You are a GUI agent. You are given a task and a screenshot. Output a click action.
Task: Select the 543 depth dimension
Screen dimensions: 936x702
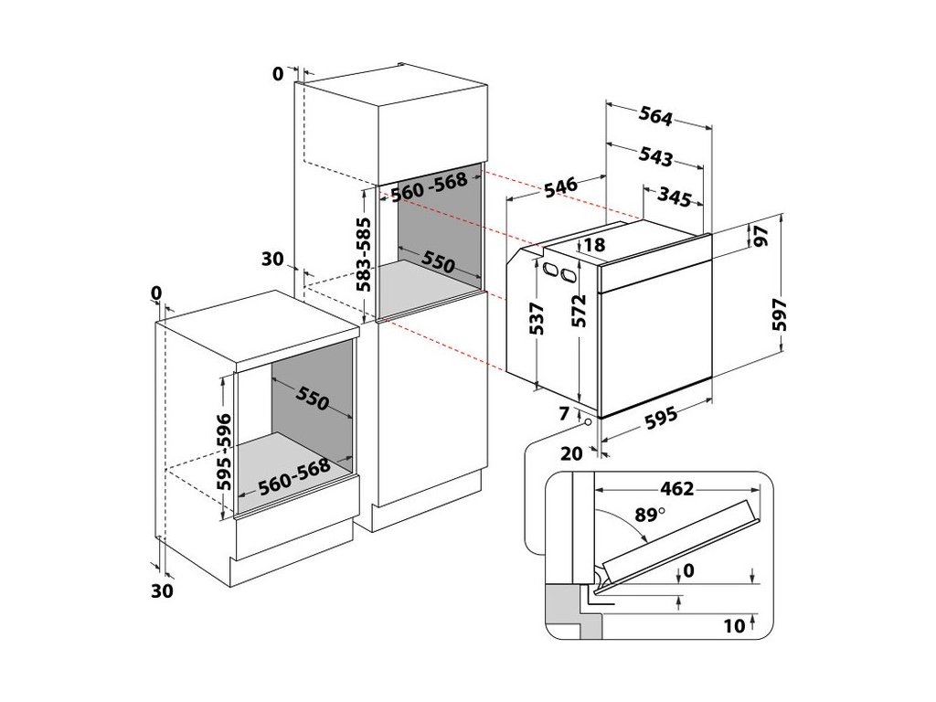655,156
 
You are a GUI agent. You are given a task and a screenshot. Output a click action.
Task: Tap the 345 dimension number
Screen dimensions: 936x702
673,196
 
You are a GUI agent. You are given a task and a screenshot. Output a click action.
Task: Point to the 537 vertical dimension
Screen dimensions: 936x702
537,318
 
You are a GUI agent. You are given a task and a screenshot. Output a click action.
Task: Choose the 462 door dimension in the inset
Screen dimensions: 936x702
676,489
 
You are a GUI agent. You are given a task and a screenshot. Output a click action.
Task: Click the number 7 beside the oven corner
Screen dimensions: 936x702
563,415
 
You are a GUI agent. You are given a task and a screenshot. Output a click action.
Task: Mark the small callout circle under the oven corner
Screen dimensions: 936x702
586,424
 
